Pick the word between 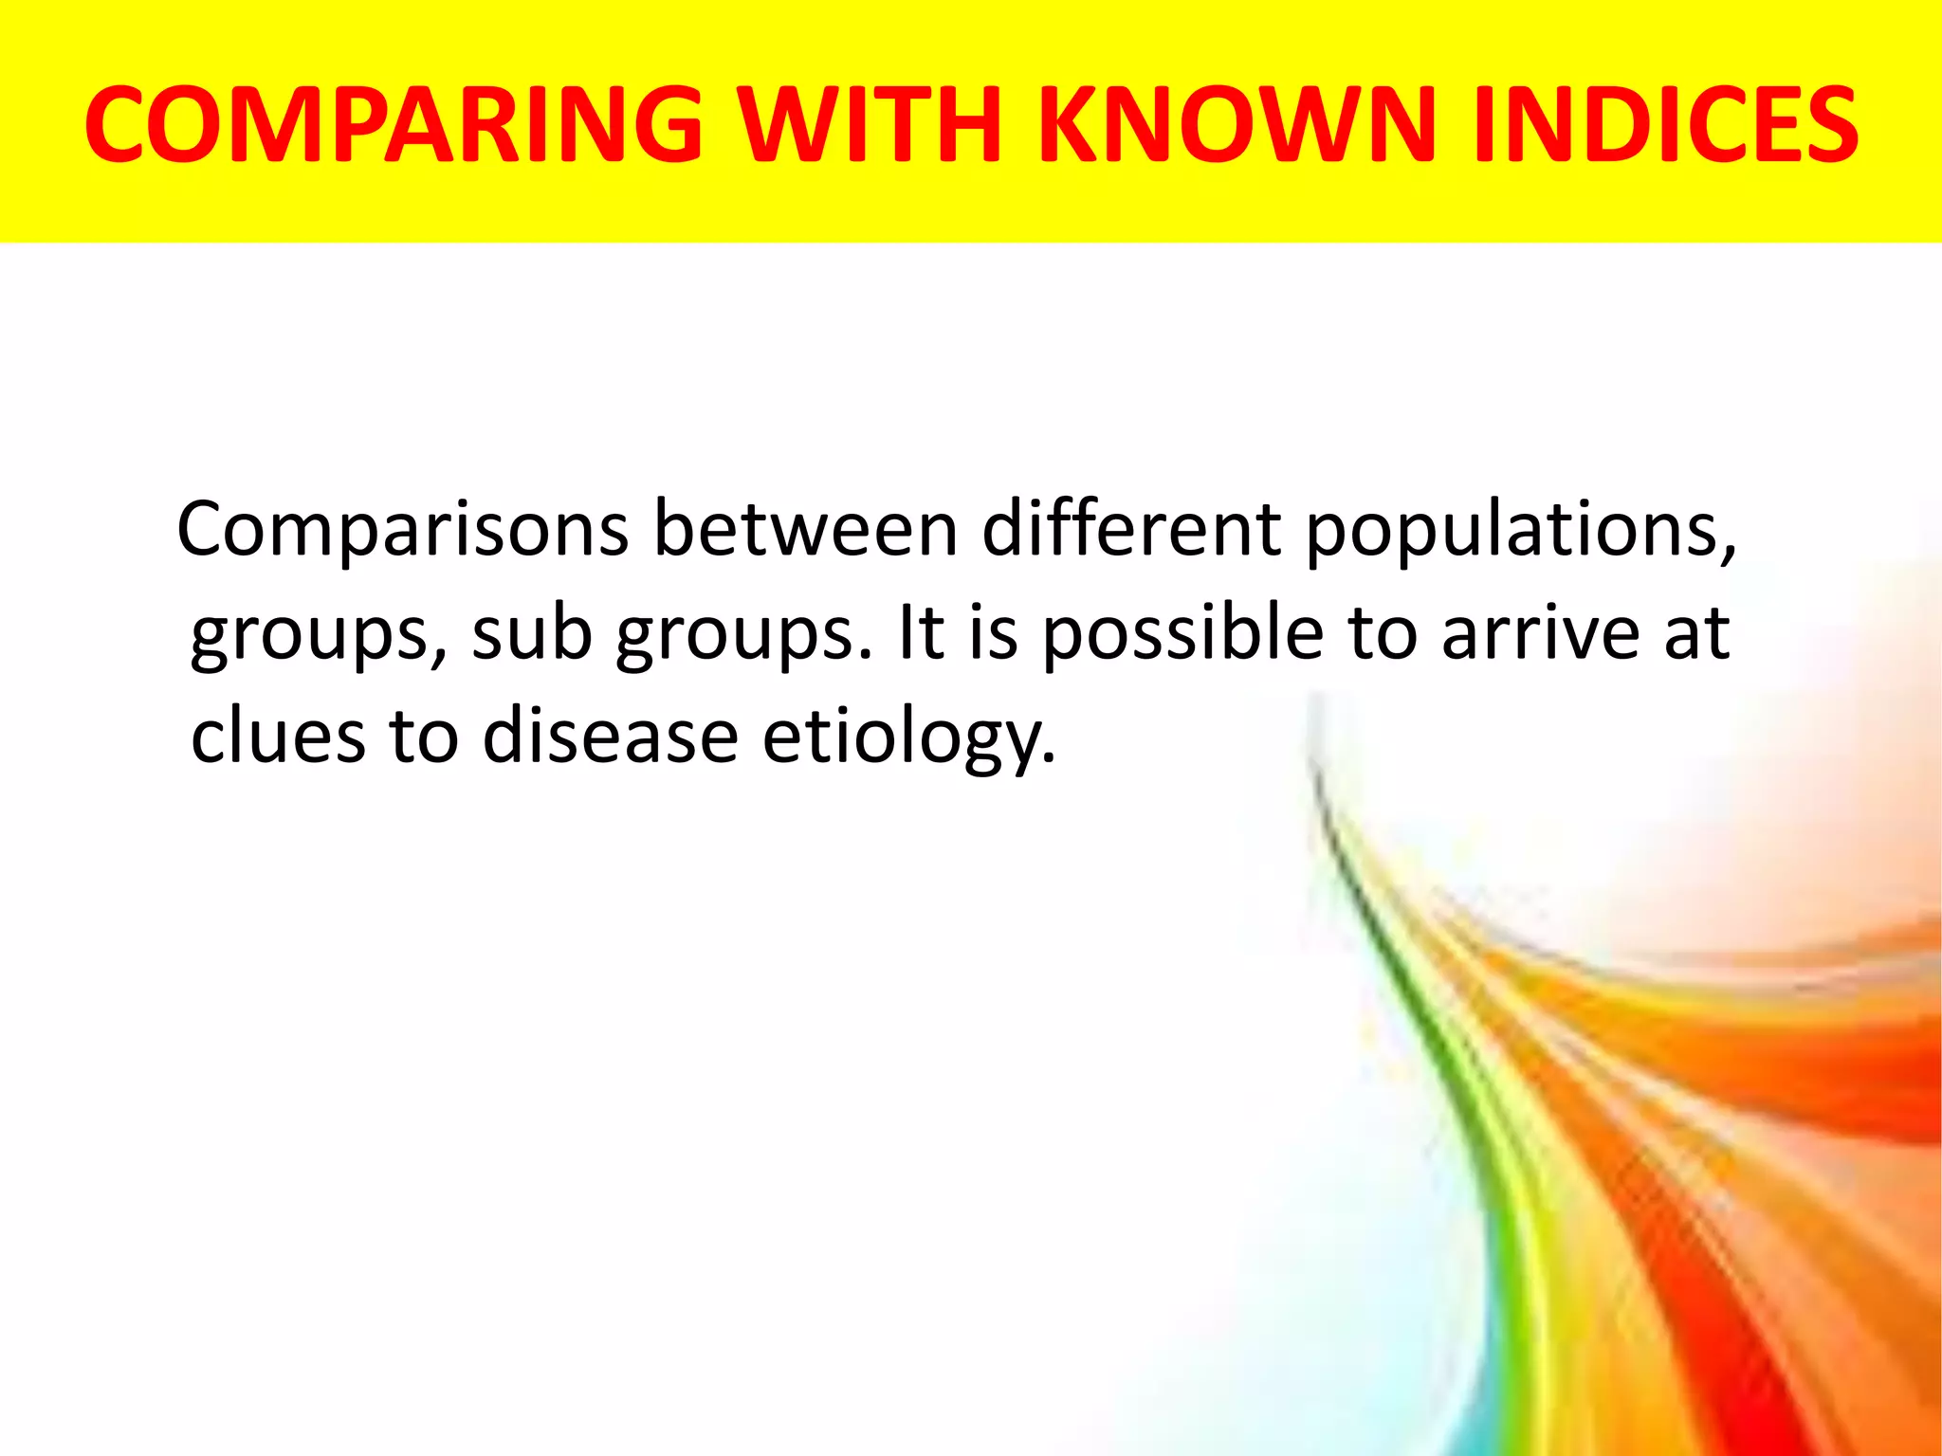click(x=805, y=529)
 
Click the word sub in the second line click(x=532, y=633)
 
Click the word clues click(x=278, y=737)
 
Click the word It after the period click(x=920, y=633)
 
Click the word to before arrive click(x=1383, y=633)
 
